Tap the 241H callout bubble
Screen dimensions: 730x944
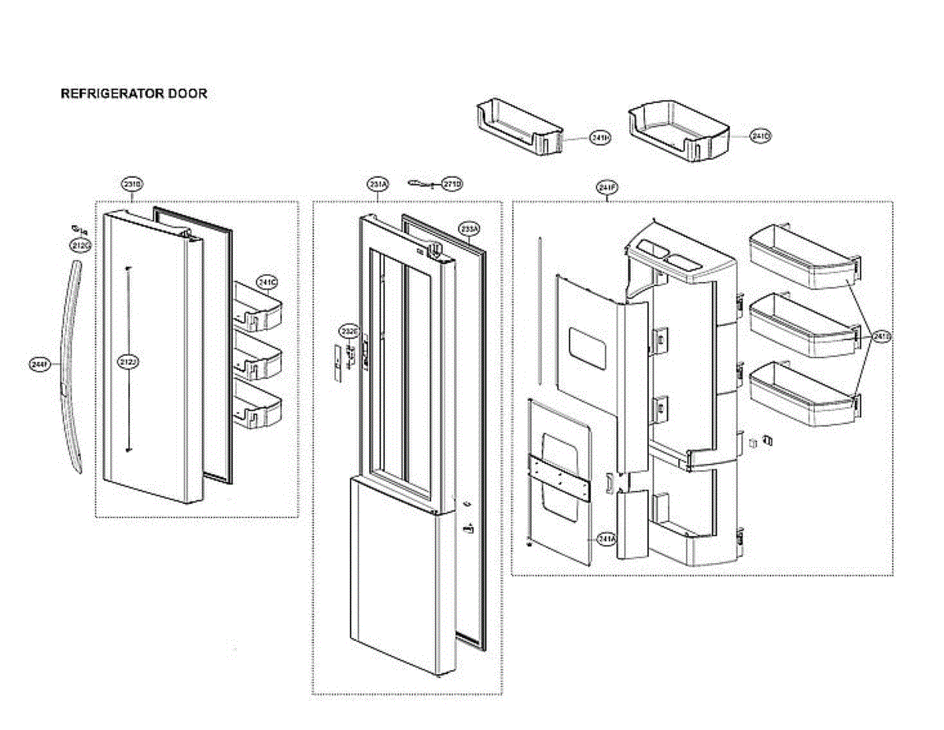coord(600,138)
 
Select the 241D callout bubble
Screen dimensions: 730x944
coord(760,136)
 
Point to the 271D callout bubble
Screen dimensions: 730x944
coord(452,183)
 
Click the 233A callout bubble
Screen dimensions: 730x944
coord(470,229)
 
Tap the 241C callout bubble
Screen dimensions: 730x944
coord(267,282)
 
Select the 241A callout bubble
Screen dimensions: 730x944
coord(606,539)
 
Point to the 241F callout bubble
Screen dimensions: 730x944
coord(607,187)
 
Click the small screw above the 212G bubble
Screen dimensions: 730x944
coord(79,230)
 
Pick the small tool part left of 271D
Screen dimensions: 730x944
coord(419,183)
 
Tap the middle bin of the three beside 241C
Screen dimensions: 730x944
coord(258,359)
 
